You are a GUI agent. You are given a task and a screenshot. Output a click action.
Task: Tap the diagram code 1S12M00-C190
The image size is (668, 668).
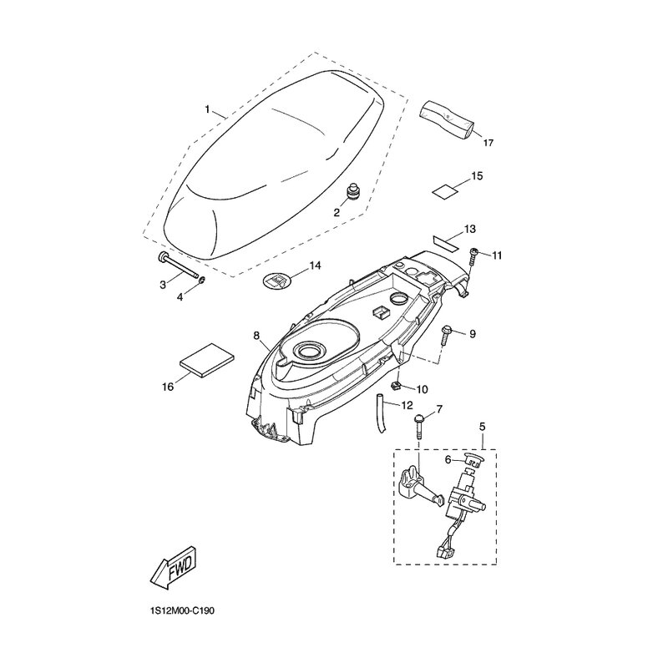[x=182, y=612]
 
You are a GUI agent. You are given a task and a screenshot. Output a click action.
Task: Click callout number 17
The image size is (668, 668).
[x=488, y=143]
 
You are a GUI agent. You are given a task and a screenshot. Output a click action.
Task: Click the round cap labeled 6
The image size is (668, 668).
[x=470, y=460]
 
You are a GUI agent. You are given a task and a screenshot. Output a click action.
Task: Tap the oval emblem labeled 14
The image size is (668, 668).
[x=276, y=281]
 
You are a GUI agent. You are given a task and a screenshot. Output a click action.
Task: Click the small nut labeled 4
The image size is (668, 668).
[x=202, y=280]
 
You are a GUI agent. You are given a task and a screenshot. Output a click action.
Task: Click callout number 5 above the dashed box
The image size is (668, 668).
[x=483, y=427]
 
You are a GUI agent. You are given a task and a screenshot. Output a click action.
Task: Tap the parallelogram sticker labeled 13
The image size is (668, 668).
[x=446, y=242]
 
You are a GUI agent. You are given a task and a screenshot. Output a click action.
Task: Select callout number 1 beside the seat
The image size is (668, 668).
[x=207, y=110]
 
